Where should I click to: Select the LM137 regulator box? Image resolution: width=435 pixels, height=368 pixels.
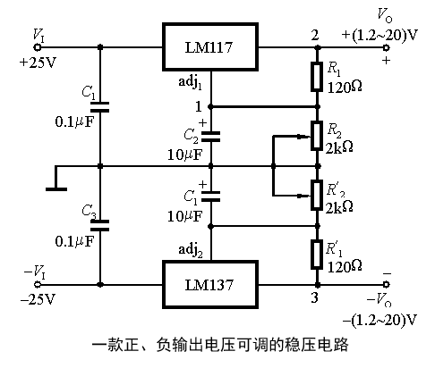pos(211,285)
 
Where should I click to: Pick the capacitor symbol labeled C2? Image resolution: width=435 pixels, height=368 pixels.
pos(211,136)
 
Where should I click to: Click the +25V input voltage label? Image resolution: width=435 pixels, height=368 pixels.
pos(36,63)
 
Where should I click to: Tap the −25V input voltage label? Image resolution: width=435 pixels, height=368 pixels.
pos(37,297)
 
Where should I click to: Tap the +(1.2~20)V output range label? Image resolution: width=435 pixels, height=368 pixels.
pos(380,36)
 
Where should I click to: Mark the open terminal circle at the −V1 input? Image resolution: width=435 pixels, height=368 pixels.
pos(37,285)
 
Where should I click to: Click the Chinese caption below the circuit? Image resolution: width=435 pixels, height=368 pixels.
pos(218,344)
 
